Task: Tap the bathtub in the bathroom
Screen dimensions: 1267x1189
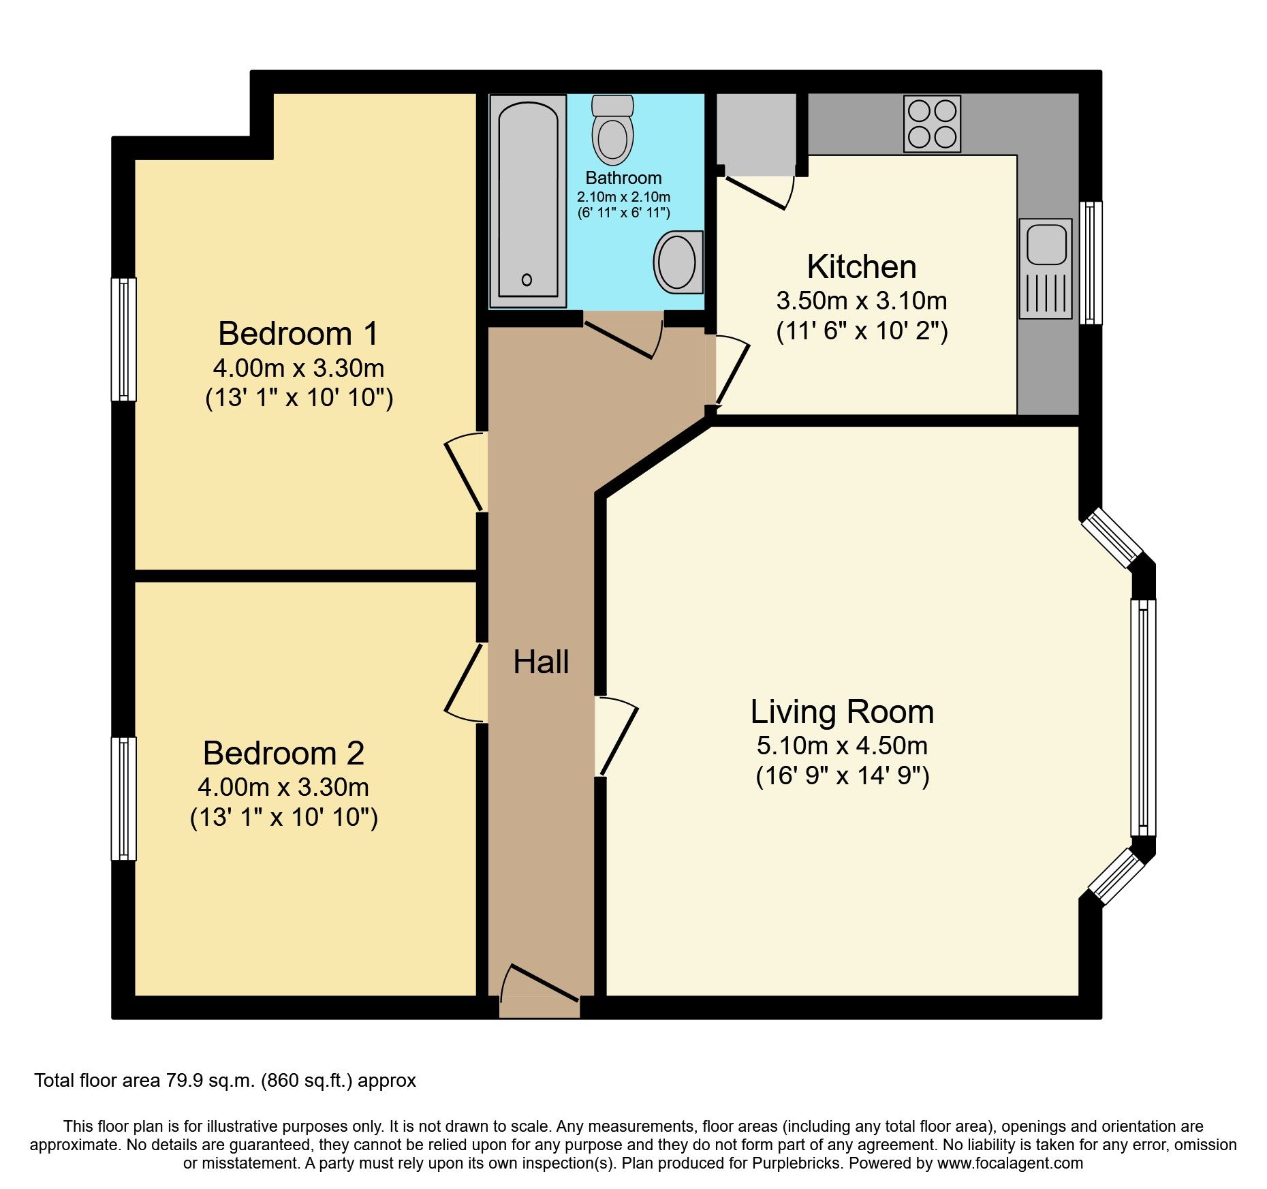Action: [x=528, y=200]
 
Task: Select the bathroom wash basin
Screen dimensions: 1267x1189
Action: [x=678, y=262]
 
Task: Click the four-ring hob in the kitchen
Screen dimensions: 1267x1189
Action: [x=932, y=123]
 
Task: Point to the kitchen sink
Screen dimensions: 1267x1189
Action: [x=1046, y=268]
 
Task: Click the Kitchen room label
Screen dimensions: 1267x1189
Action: [x=862, y=266]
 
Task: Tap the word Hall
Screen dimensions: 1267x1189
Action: [x=541, y=662]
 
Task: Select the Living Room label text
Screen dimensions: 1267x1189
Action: [x=842, y=712]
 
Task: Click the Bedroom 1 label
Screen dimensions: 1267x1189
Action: [x=298, y=333]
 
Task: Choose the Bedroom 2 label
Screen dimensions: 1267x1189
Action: [x=283, y=753]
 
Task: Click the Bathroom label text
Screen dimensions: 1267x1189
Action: [x=623, y=178]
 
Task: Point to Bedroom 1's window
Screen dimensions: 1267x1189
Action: [x=124, y=339]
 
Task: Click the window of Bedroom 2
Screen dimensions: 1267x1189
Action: [x=124, y=799]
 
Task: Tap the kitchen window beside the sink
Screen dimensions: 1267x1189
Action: [x=1091, y=262]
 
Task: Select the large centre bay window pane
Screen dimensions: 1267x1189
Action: [x=1143, y=718]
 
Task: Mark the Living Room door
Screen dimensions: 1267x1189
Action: [x=616, y=736]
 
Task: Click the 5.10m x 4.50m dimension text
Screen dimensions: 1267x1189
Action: [x=842, y=745]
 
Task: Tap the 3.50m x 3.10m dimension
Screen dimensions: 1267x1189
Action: [x=862, y=300]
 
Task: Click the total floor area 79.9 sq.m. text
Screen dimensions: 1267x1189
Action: [x=225, y=1081]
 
